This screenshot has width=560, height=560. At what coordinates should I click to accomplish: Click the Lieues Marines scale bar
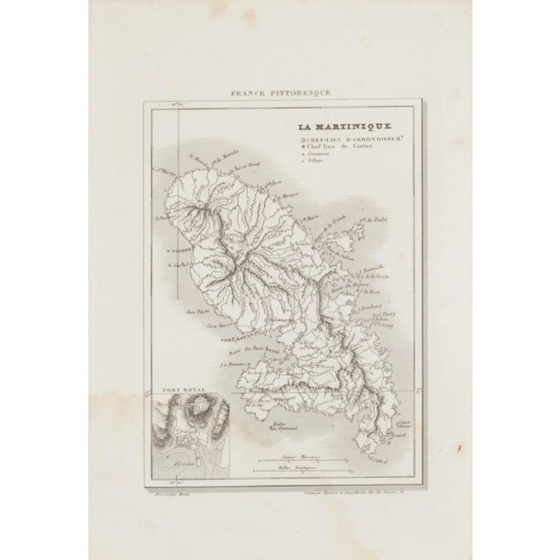coord(299,458)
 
